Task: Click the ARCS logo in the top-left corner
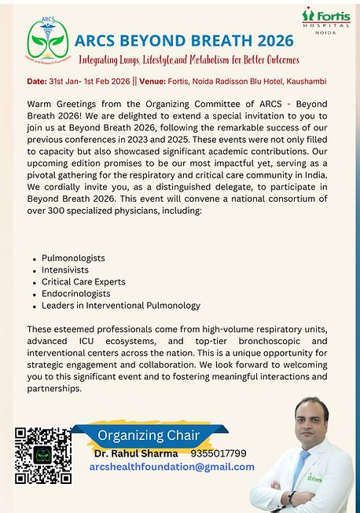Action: point(46,42)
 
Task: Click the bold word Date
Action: point(36,82)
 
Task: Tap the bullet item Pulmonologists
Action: point(73,258)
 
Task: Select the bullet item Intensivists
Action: point(65,269)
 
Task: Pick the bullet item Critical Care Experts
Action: point(83,281)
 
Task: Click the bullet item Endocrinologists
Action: point(75,293)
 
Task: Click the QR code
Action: point(43,455)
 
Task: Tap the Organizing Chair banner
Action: point(149,435)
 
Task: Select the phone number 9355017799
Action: point(219,453)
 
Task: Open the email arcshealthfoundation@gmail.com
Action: point(172,467)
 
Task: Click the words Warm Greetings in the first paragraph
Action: point(59,104)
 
